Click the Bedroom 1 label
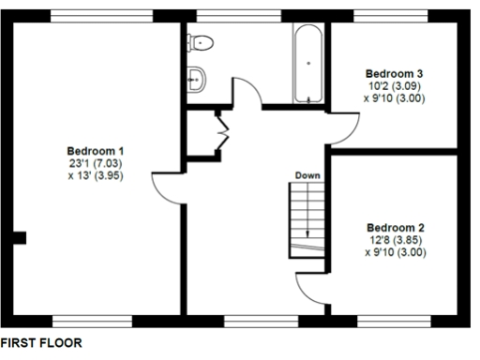click(x=95, y=152)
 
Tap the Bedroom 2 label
click(x=396, y=228)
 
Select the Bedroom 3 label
click(x=395, y=73)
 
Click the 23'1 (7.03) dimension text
click(x=95, y=163)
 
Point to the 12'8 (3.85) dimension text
click(x=396, y=240)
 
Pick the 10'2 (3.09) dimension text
click(x=395, y=85)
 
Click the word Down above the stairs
click(x=307, y=175)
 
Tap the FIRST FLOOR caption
click(x=41, y=344)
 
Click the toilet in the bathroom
click(x=200, y=42)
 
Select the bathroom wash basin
click(x=197, y=79)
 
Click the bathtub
click(x=307, y=64)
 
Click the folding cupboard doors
click(x=222, y=131)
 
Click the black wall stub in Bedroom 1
click(x=20, y=237)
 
